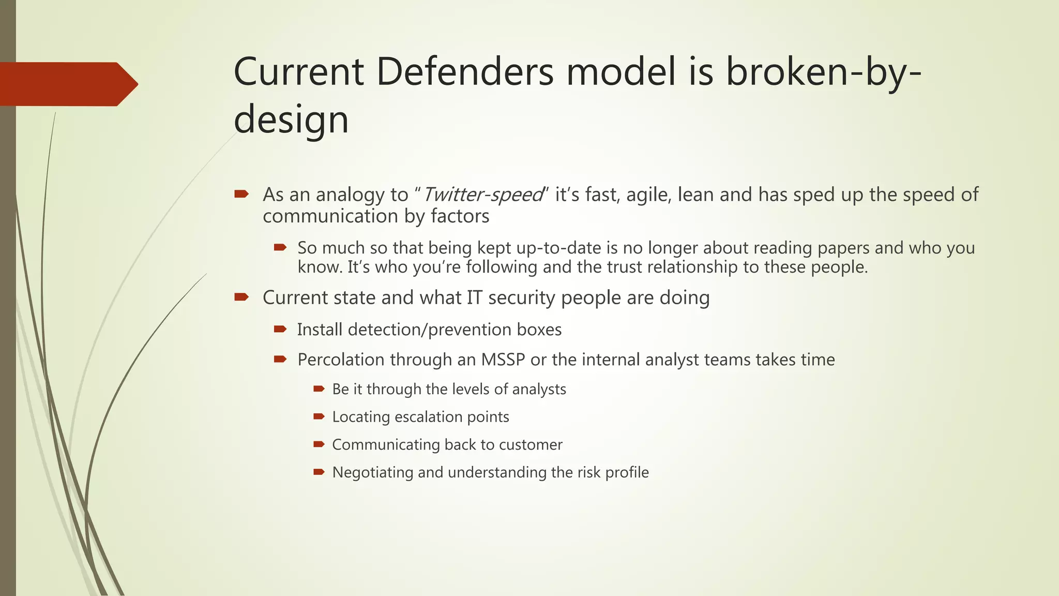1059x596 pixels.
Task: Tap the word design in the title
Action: [291, 120]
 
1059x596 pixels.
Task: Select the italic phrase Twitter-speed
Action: [483, 195]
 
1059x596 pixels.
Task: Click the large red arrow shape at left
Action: [67, 84]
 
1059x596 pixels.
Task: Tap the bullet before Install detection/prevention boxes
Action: [280, 329]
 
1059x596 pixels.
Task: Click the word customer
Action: [531, 445]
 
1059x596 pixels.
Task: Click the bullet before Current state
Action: [241, 297]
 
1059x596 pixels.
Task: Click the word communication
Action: [331, 216]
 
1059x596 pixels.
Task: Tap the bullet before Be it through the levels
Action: [319, 389]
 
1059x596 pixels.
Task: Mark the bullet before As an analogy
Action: [241, 194]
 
